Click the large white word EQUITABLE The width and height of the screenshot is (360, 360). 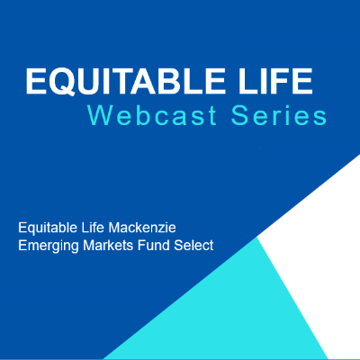[x=125, y=82]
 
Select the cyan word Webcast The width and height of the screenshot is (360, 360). [x=152, y=115]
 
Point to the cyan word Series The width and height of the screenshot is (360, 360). [x=279, y=116]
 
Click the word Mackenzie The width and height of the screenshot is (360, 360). [x=142, y=228]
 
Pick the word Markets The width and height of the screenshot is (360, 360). [x=108, y=246]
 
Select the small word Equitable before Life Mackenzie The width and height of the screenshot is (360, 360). [x=48, y=228]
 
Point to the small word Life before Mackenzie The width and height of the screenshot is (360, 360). [x=93, y=228]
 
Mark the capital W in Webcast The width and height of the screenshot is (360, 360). [x=100, y=115]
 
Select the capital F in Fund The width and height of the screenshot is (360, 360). [x=141, y=246]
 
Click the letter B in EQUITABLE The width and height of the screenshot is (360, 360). [x=168, y=81]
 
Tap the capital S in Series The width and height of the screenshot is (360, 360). [x=239, y=115]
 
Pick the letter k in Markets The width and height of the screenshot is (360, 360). [x=114, y=246]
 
